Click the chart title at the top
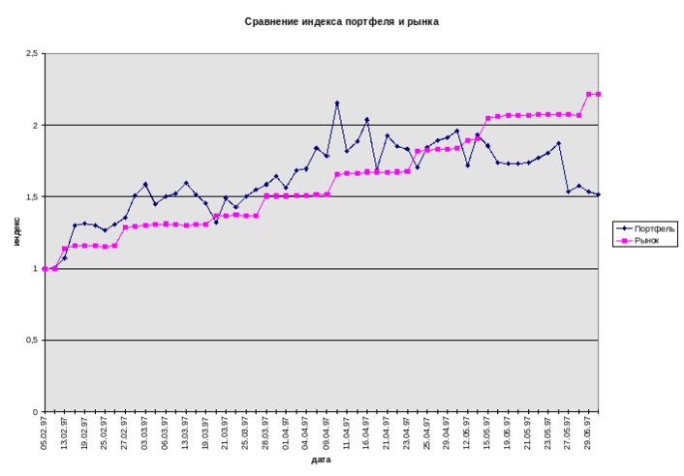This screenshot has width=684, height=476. pyautogui.click(x=342, y=21)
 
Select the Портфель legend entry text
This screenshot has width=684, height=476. pyautogui.click(x=655, y=228)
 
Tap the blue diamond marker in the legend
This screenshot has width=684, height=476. pyautogui.click(x=623, y=228)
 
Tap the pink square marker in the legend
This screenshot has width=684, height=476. pyautogui.click(x=623, y=240)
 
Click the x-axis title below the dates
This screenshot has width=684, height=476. pyautogui.click(x=322, y=461)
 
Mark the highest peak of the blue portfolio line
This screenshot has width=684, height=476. pyautogui.click(x=337, y=103)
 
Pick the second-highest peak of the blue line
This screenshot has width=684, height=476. pyautogui.click(x=367, y=120)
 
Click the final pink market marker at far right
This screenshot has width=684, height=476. pyautogui.click(x=600, y=94)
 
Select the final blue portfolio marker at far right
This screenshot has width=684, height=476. pyautogui.click(x=600, y=194)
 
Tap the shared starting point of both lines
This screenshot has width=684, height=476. pyautogui.click(x=45, y=268)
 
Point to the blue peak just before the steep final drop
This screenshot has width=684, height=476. pyautogui.click(x=559, y=143)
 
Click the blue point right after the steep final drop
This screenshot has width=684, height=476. pyautogui.click(x=569, y=192)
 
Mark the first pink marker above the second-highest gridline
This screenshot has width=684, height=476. pyautogui.click(x=488, y=118)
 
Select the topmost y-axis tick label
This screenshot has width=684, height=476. pyautogui.click(x=33, y=53)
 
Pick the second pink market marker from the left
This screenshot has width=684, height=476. pyautogui.click(x=54, y=268)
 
